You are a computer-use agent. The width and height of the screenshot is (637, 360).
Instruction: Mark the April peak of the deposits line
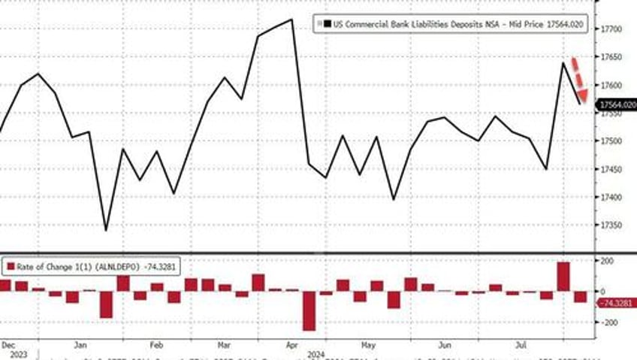[291, 20]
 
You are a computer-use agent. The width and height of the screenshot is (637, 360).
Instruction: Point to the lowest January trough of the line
[105, 231]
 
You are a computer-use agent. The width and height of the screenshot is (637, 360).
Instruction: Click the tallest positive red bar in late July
[563, 276]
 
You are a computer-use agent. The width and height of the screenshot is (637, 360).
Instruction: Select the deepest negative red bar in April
[309, 310]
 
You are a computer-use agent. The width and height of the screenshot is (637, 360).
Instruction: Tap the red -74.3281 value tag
[617, 302]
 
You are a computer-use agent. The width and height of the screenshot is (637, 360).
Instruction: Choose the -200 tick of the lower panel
[609, 322]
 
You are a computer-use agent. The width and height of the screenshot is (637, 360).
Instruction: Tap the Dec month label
[9, 344]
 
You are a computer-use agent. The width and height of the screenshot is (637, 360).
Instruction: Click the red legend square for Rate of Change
[10, 265]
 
